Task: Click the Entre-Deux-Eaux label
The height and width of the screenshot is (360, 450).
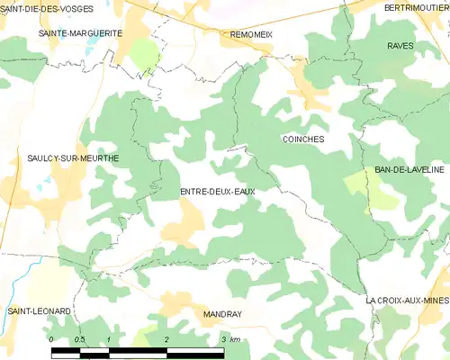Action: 217,192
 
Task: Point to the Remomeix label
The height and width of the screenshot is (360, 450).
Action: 251,33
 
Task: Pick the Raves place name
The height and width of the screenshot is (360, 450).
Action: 399,45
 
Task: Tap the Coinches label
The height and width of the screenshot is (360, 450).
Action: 302,139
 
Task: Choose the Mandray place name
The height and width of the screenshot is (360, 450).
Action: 220,316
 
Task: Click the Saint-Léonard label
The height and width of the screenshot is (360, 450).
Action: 39,310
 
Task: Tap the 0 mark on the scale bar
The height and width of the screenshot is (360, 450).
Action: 51,339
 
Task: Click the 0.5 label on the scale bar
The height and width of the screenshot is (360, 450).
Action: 79,339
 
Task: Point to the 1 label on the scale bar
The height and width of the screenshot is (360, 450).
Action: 109,339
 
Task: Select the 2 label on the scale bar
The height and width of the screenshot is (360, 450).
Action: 166,339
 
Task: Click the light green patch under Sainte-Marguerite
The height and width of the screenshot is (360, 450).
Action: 143,53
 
